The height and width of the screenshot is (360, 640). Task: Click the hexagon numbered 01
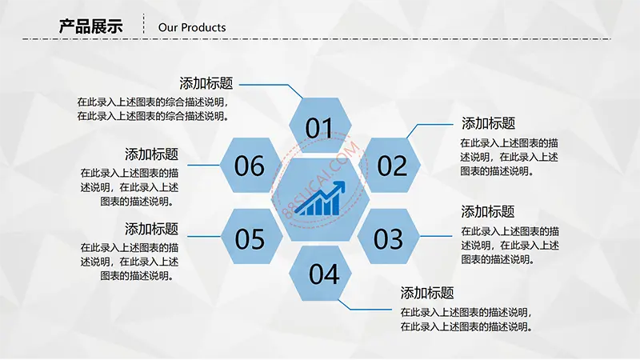pyautogui.click(x=320, y=125)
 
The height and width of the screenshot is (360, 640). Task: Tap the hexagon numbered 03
pyautogui.click(x=389, y=236)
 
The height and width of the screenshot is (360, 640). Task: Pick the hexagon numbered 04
pyautogui.click(x=320, y=273)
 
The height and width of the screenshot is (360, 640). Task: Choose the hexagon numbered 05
pyautogui.click(x=251, y=236)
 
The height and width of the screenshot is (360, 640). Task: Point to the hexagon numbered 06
pyautogui.click(x=251, y=165)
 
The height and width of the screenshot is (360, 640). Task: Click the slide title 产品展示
pyautogui.click(x=90, y=26)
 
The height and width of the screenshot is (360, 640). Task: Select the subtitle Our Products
pyautogui.click(x=192, y=27)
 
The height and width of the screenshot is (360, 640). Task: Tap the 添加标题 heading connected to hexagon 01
pyautogui.click(x=206, y=83)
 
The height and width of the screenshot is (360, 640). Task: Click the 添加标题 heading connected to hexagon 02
pyautogui.click(x=488, y=123)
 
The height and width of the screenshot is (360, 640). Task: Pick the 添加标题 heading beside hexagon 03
pyautogui.click(x=488, y=211)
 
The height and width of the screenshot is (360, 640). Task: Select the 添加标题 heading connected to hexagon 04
pyautogui.click(x=427, y=293)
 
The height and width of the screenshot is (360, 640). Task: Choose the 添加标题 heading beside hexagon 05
pyautogui.click(x=151, y=229)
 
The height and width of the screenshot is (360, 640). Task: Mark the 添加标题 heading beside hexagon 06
pyautogui.click(x=151, y=154)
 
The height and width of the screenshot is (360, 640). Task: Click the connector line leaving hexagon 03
pyautogui.click(x=436, y=236)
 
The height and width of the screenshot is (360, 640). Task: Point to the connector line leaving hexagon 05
pyautogui.click(x=204, y=236)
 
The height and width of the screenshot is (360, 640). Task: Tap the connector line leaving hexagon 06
pyautogui.click(x=204, y=165)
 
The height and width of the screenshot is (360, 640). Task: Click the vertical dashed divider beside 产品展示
pyautogui.click(x=144, y=24)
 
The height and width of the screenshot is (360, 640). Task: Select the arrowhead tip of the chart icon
pyautogui.click(x=345, y=182)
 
